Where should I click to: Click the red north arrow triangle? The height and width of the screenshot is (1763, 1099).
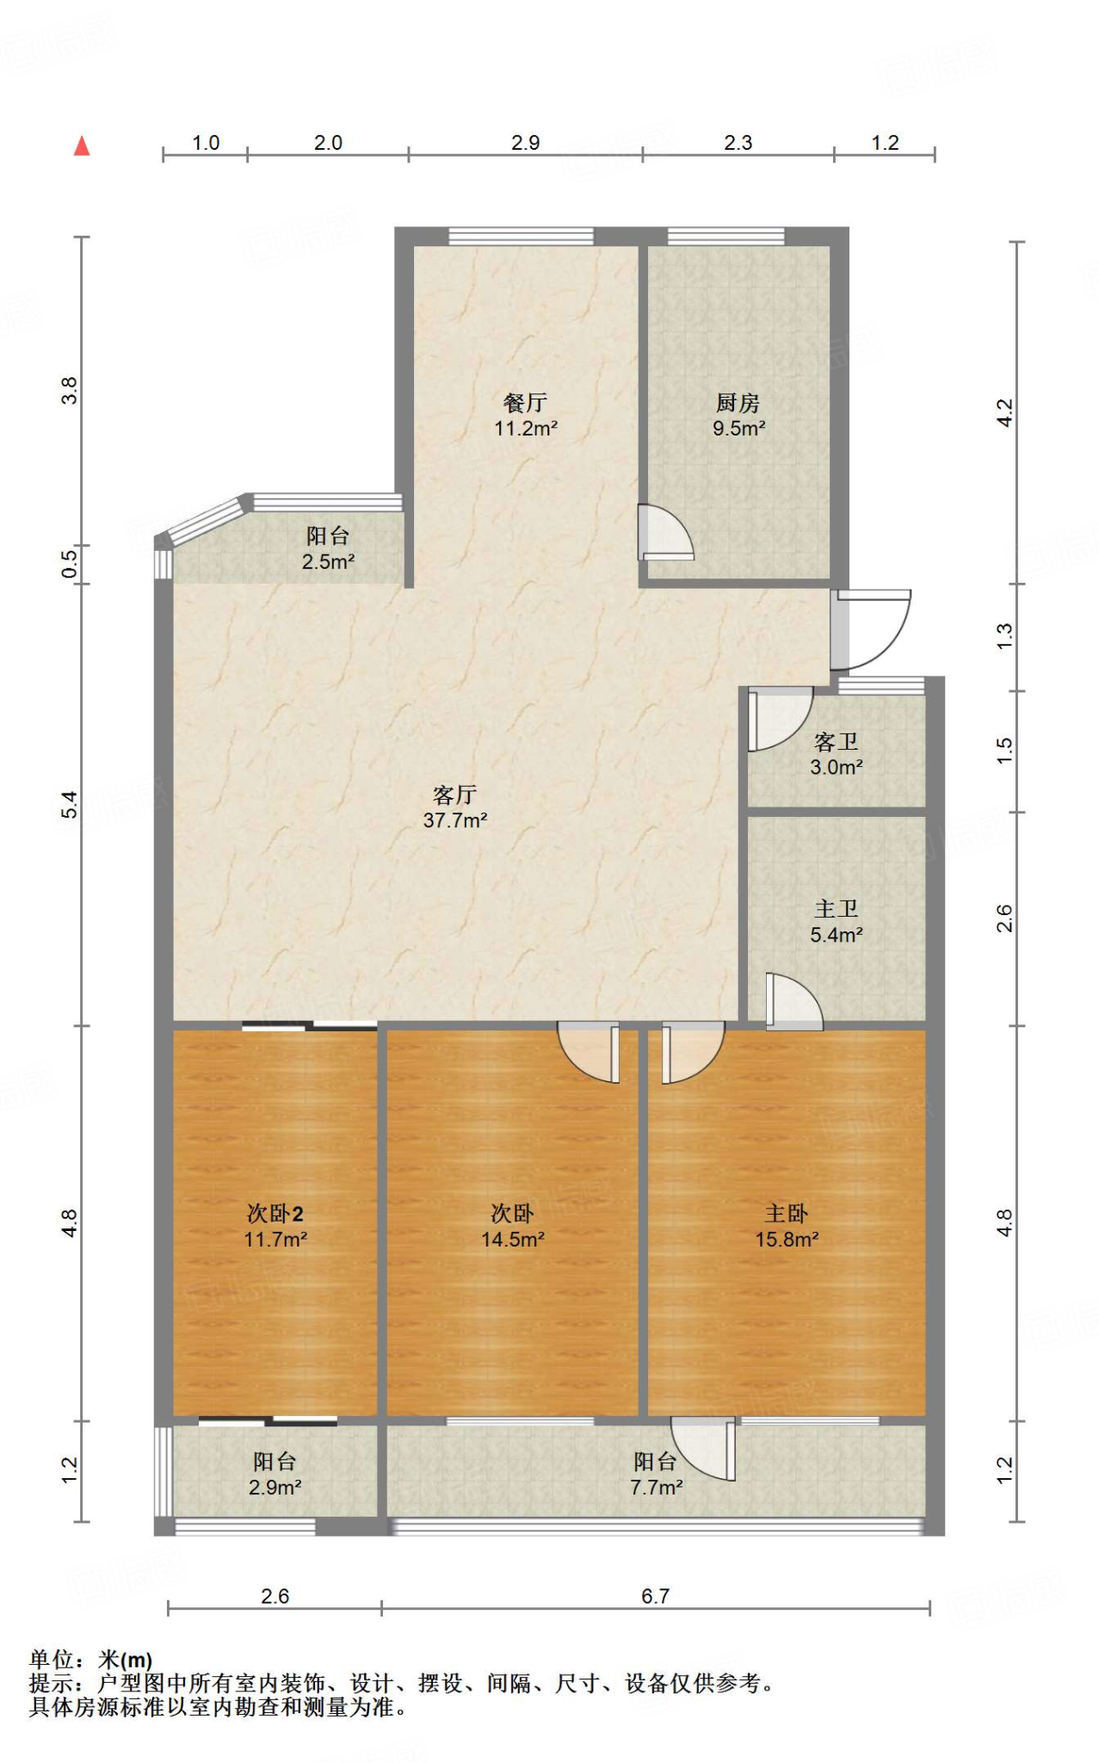[82, 146]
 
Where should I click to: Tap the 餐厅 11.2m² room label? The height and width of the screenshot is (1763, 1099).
[525, 415]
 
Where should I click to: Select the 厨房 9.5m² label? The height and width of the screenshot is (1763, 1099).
[738, 415]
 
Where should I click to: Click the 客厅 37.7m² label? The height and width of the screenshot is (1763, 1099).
[454, 807]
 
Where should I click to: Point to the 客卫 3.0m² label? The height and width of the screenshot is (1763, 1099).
[836, 754]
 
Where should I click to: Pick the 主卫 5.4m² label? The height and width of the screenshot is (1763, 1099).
[836, 921]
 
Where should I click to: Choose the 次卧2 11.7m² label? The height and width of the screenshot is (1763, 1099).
[275, 1226]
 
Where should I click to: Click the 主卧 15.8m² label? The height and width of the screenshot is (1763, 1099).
[786, 1226]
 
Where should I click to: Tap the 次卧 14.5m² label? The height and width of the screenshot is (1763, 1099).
[512, 1226]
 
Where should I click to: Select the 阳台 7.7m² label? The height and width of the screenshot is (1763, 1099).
[656, 1474]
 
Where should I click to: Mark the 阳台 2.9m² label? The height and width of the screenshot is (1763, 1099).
[275, 1474]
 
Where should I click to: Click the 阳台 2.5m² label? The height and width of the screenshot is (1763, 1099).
[328, 548]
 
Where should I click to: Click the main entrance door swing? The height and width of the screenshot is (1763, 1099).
[871, 628]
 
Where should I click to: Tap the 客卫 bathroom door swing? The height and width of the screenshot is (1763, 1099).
[777, 717]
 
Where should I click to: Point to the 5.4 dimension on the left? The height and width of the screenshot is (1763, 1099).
[70, 805]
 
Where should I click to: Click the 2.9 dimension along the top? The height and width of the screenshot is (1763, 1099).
[525, 143]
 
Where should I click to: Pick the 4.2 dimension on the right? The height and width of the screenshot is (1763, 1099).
[1004, 413]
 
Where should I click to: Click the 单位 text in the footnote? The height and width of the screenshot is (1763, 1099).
[52, 1659]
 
